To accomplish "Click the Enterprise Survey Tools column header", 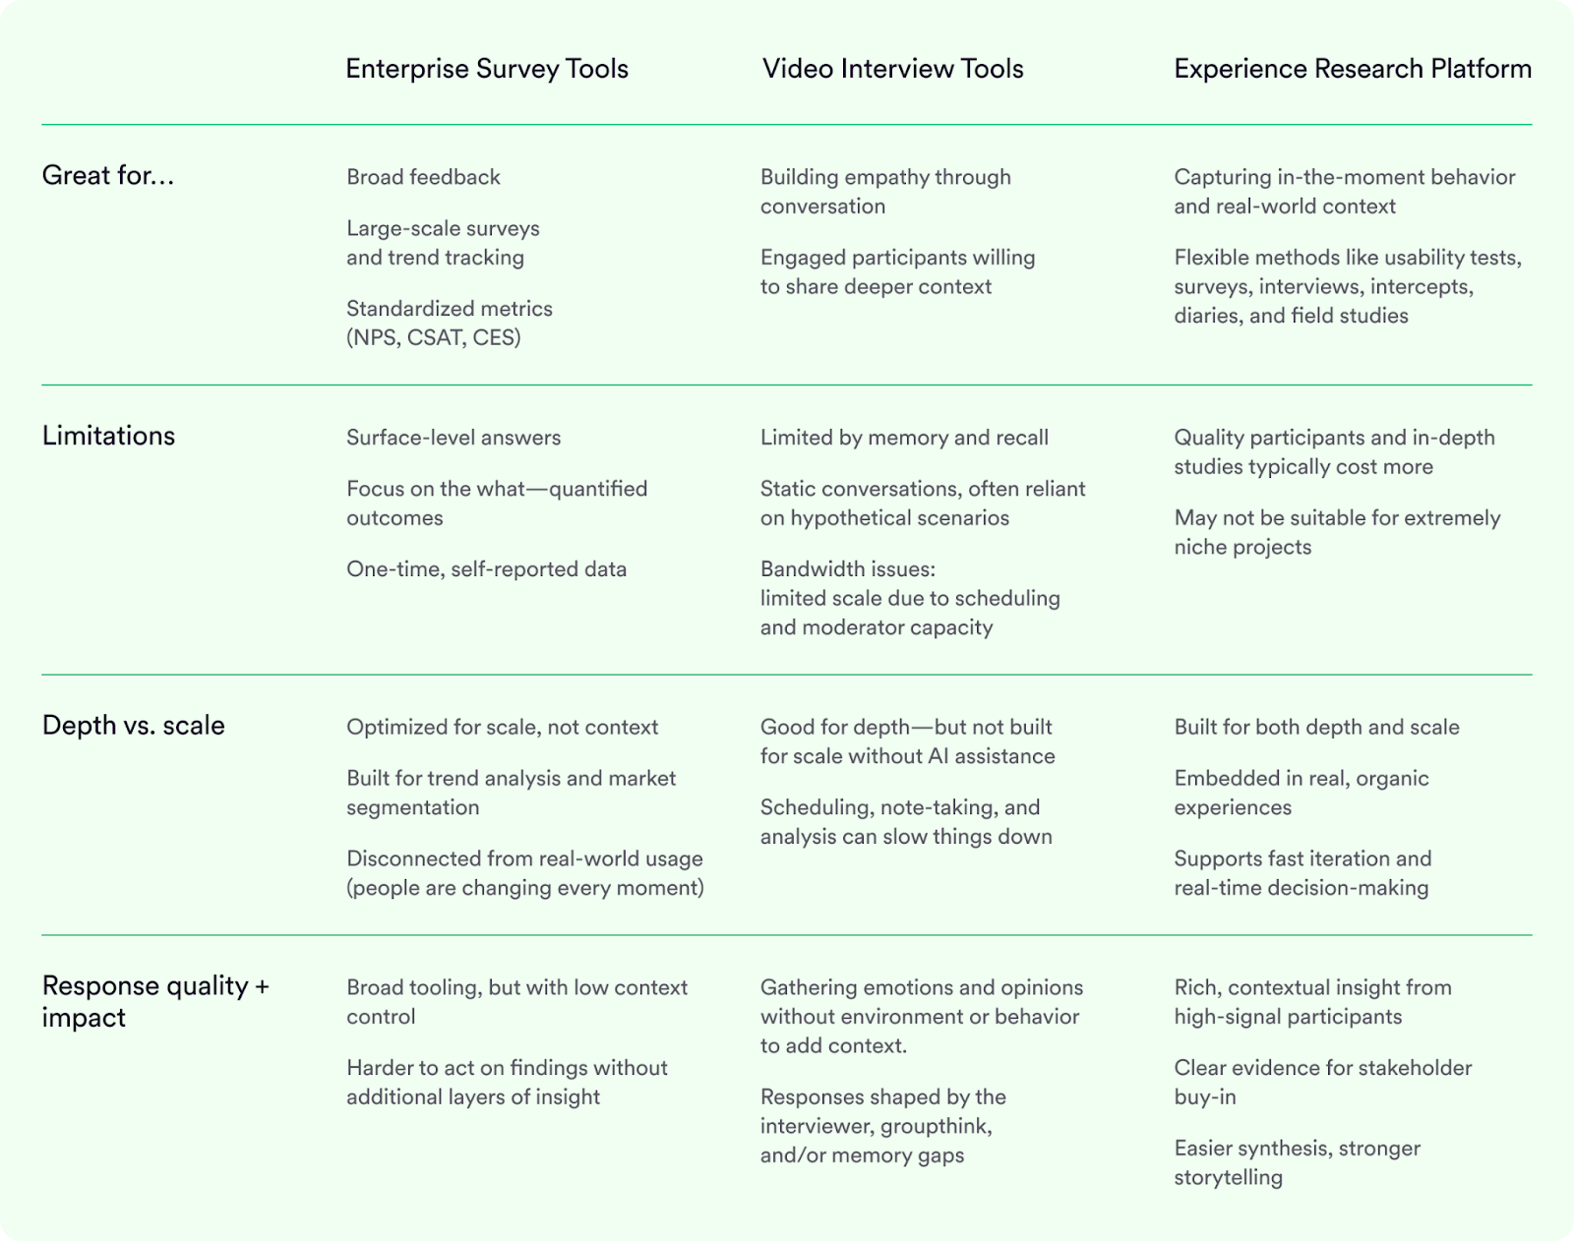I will [487, 69].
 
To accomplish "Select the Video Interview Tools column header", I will [892, 69].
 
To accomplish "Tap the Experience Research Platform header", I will [1353, 69].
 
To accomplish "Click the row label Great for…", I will [108, 175].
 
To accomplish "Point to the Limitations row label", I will [108, 436].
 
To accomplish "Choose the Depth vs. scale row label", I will [133, 726].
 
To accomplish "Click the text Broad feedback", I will [423, 177].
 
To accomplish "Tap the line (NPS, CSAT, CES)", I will [433, 337].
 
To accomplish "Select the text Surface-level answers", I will [454, 438].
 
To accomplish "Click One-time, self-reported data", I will [486, 568].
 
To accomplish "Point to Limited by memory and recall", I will [904, 438].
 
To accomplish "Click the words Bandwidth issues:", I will [847, 568].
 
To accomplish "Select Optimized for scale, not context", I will [502, 728].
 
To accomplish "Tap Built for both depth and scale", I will [1316, 728].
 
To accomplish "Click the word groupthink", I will [936, 1126].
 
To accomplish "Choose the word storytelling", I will [1228, 1177].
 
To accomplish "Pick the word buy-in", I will [1204, 1096].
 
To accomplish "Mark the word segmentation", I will [412, 807].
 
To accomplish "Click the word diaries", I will [1207, 316].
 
